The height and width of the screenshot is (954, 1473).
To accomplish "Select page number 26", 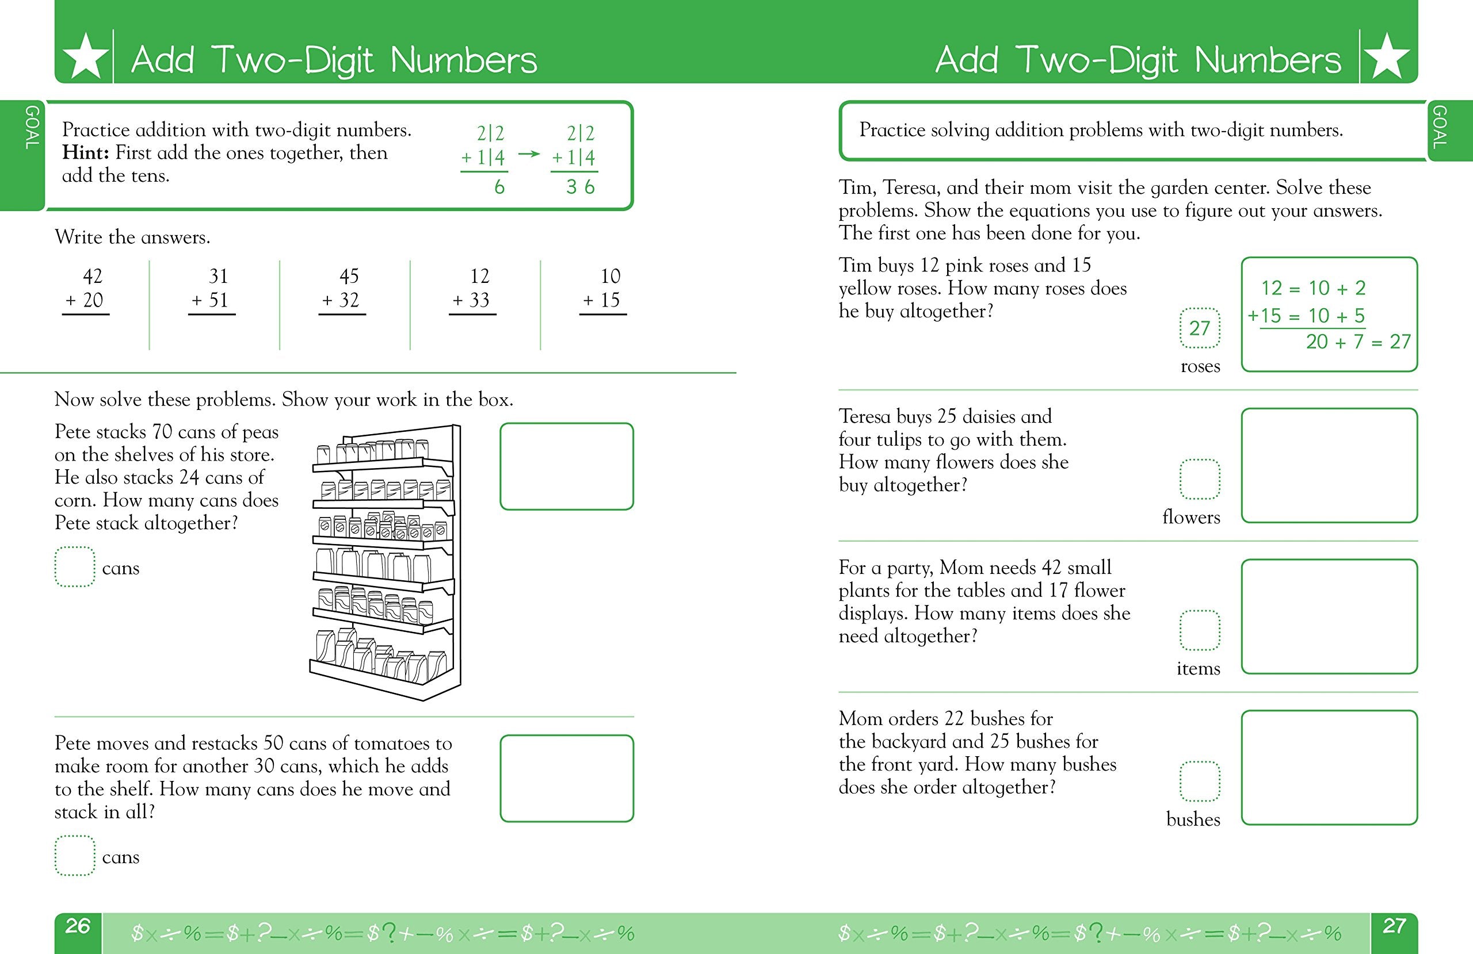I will point(78,926).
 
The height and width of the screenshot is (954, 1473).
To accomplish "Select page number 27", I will point(1394,926).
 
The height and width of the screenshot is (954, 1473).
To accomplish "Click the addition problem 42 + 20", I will point(87,289).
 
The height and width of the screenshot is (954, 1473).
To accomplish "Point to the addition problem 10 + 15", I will point(603,289).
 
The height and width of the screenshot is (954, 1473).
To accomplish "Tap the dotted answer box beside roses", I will point(1200,328).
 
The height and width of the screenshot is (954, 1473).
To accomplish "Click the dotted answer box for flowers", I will point(1200,479).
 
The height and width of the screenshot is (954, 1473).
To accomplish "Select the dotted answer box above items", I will point(1200,630).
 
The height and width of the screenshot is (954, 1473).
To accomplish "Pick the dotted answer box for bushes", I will point(1200,781).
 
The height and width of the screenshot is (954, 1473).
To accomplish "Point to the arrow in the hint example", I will point(529,154).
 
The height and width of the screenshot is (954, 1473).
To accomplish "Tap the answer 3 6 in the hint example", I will point(580,187).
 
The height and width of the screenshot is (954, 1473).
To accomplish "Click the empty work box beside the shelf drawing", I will point(566,466).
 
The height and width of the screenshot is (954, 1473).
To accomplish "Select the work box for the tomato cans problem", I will point(566,778).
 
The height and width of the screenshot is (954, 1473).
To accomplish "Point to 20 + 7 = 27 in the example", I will point(1358,342).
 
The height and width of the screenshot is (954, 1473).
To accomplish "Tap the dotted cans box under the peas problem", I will point(74,567).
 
